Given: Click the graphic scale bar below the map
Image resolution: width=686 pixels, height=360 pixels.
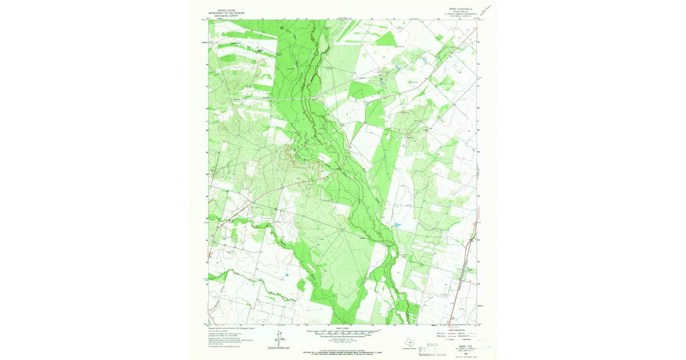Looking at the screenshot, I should pos(343,331).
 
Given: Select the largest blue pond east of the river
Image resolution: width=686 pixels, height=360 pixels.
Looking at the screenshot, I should pos(396,226).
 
